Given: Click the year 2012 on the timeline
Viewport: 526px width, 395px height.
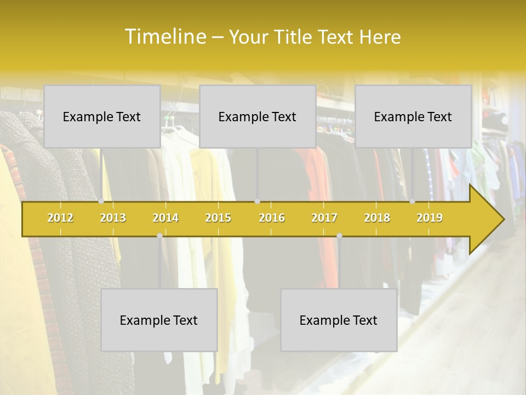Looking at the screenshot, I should pos(60,218).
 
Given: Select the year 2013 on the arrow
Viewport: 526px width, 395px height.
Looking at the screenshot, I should pos(113,218).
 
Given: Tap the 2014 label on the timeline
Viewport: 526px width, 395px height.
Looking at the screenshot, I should pos(165,218).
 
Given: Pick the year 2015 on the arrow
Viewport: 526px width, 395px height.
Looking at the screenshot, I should pos(218,218).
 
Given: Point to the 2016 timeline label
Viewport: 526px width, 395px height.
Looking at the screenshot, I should pos(272,218).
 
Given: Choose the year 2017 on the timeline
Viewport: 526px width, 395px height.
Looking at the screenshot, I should pos(324,218).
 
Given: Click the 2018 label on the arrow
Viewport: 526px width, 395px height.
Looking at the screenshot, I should pos(377,218).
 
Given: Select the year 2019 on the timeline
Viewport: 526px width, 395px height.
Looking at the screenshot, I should pos(430,218).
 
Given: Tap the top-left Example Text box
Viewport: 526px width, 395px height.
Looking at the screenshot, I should pos(102,116).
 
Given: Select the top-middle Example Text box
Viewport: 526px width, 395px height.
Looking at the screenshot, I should pos(258,116).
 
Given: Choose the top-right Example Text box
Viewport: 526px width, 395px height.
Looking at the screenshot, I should pos(413,116).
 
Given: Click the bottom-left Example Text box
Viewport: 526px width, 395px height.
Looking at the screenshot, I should pos(159,320).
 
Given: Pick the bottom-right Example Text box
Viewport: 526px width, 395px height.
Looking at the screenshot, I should pos(339,320).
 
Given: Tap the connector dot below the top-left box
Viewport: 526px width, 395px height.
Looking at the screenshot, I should pos(101,201).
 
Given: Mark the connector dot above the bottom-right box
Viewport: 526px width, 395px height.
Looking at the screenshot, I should pos(339,236).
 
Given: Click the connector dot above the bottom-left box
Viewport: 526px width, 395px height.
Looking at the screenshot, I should pos(159,236).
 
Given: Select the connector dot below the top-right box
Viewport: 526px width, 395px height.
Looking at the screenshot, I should pos(413,201).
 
